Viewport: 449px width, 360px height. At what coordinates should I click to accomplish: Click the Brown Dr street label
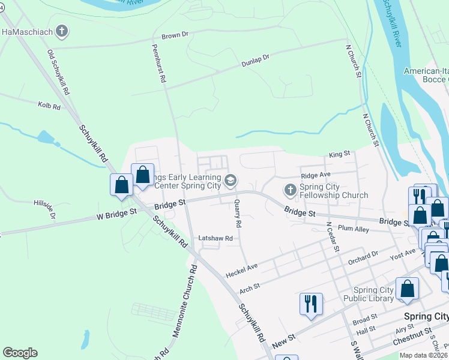click(x=176, y=36)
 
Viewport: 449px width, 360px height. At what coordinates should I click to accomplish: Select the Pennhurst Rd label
click(x=158, y=63)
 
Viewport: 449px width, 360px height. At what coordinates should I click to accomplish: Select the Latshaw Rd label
click(x=215, y=238)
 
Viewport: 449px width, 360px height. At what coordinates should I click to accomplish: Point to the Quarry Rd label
click(x=238, y=214)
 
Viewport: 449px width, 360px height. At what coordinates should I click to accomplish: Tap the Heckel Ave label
click(x=241, y=270)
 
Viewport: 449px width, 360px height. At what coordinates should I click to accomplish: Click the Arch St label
click(x=250, y=287)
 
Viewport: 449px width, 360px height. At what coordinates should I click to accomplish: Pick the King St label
click(x=339, y=155)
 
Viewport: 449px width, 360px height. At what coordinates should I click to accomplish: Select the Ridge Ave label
click(x=316, y=175)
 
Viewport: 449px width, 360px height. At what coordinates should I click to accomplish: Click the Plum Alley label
click(x=353, y=229)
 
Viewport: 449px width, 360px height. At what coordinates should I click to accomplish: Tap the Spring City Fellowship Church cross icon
click(x=291, y=190)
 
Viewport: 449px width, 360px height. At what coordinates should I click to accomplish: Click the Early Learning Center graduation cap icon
click(x=230, y=181)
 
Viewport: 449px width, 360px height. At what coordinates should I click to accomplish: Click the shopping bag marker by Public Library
click(x=408, y=289)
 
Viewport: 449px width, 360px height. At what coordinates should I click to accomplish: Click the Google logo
click(x=20, y=353)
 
